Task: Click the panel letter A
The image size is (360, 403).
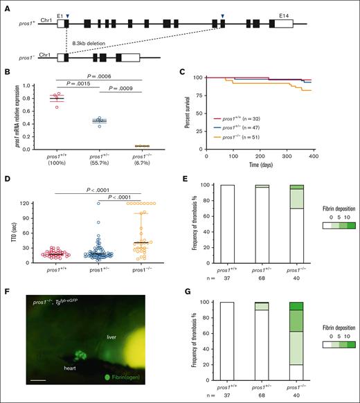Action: coord(6,5)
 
